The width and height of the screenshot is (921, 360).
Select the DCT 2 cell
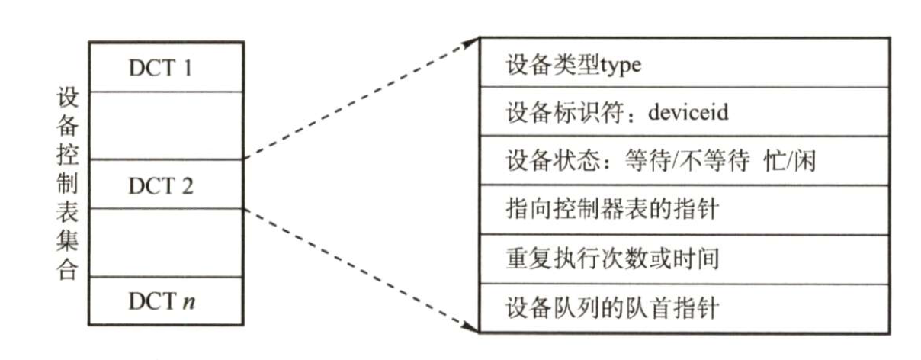(165, 184)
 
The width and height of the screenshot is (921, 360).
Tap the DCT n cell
(165, 302)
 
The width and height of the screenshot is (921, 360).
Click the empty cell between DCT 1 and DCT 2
(165, 126)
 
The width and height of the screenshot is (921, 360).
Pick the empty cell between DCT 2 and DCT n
(165, 243)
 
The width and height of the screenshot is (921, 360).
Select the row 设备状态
(685, 161)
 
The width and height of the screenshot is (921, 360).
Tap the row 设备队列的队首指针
(685, 309)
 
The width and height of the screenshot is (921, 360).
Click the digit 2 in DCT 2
(187, 184)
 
